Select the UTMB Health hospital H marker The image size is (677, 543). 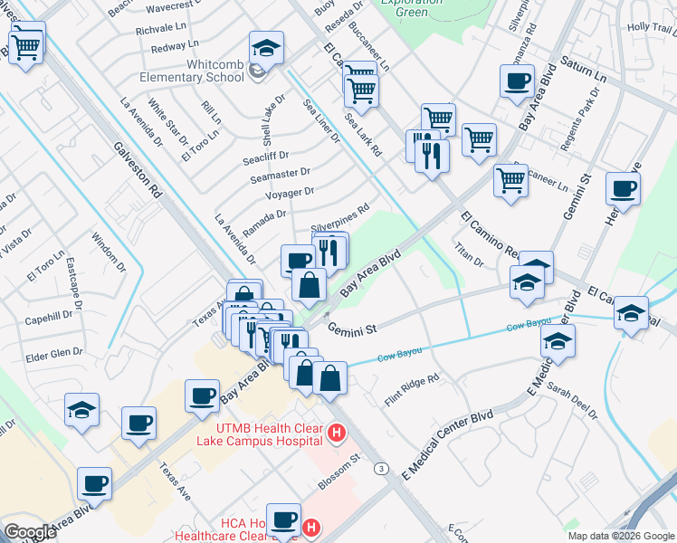coord(337,434)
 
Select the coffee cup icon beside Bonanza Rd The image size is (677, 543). coord(517,81)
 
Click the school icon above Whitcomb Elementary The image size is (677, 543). coord(266,46)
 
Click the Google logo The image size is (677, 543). coord(30,532)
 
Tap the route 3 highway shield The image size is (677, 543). coord(383,468)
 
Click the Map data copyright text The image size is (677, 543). coord(620,536)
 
